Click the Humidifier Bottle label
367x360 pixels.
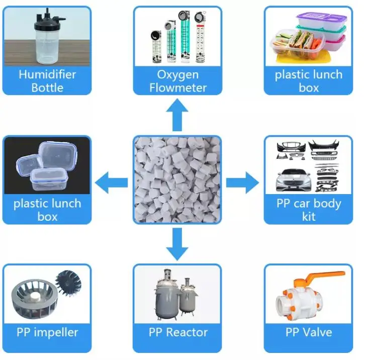[x=47, y=81]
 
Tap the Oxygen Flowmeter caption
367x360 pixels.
[x=177, y=81]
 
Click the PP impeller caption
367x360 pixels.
[x=47, y=332]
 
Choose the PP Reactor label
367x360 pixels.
[x=177, y=332]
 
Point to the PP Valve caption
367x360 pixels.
[x=309, y=332]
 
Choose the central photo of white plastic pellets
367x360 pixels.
[x=177, y=180]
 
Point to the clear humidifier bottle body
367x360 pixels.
[x=47, y=45]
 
